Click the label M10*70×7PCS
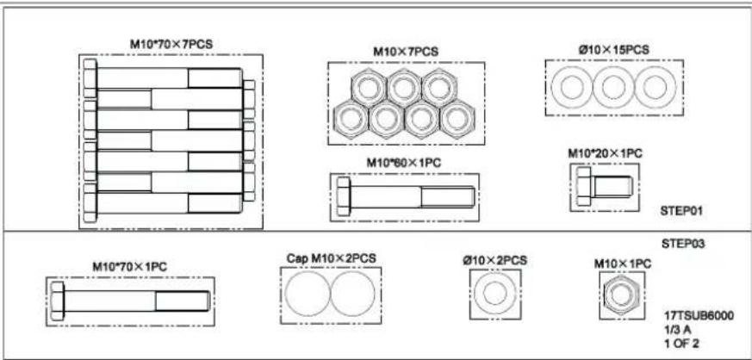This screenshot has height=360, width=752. pyautogui.click(x=171, y=44)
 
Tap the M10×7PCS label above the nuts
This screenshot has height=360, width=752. pyautogui.click(x=406, y=52)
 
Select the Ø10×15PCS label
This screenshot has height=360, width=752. pyautogui.click(x=613, y=50)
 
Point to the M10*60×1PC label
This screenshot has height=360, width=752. pyautogui.click(x=404, y=163)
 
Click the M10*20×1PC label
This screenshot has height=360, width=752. pyautogui.click(x=606, y=154)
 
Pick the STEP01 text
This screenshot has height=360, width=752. pyautogui.click(x=681, y=210)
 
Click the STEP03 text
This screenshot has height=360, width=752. pyautogui.click(x=683, y=244)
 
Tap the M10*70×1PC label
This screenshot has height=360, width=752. pyautogui.click(x=129, y=266)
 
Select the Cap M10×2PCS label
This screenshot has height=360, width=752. pyautogui.click(x=332, y=258)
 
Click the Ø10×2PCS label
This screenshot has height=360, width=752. pyautogui.click(x=495, y=260)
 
